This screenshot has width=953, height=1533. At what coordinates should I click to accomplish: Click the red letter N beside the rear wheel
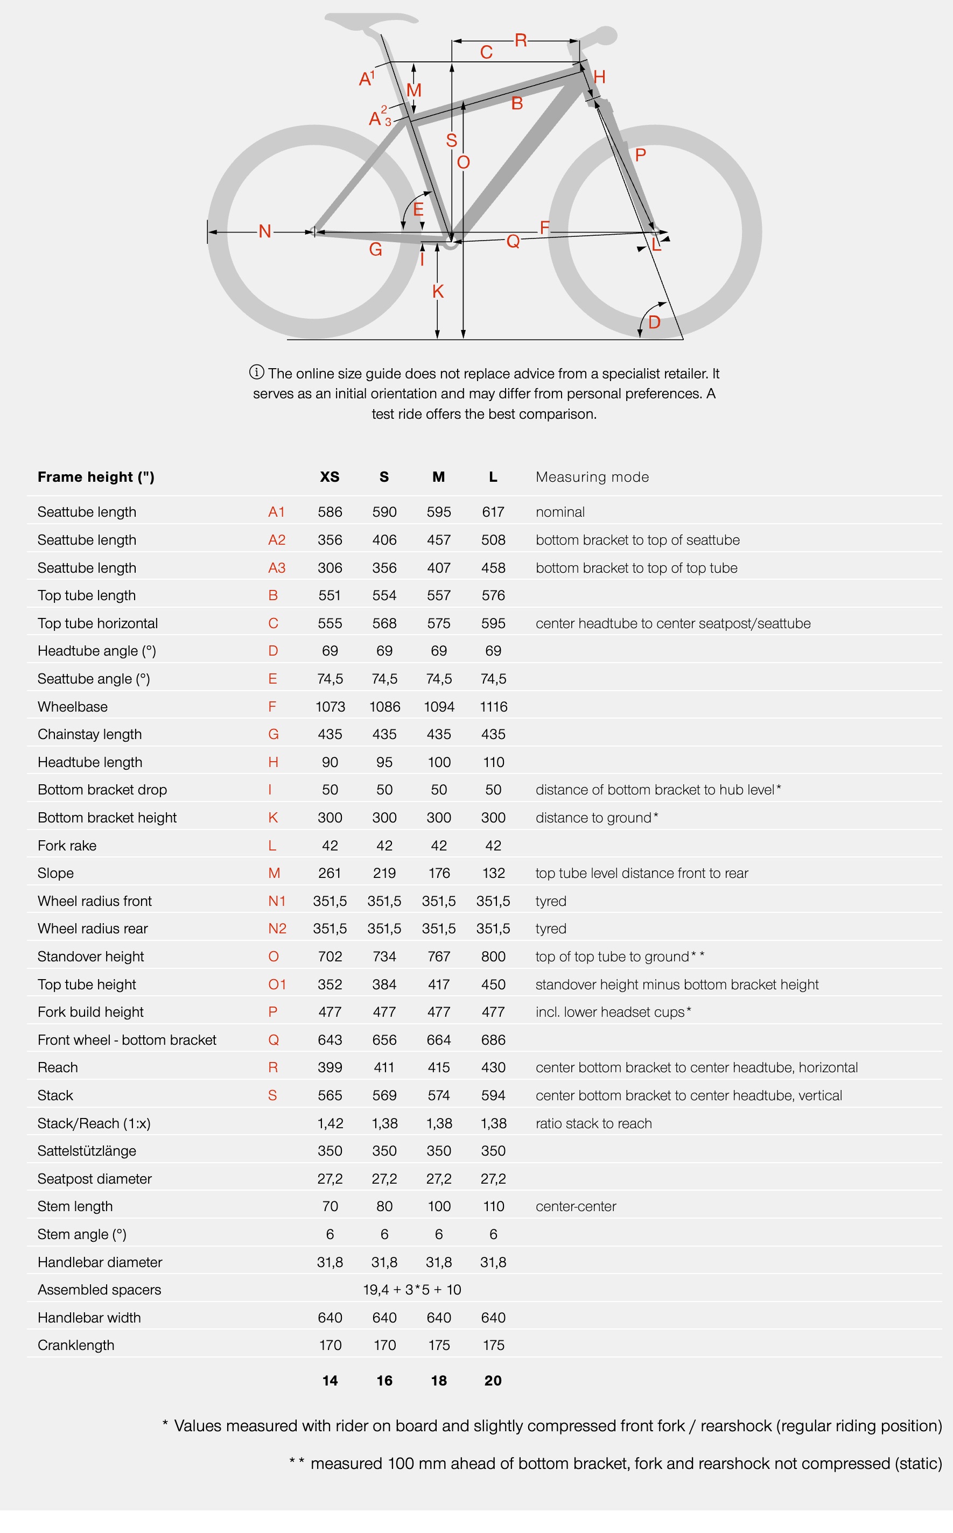tap(265, 231)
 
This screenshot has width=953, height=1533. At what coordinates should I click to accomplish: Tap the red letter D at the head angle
tap(654, 322)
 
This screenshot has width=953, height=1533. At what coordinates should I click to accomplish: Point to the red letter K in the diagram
tap(438, 291)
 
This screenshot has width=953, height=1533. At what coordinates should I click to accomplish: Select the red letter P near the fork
tap(640, 154)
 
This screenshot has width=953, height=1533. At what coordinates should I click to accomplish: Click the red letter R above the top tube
tap(521, 40)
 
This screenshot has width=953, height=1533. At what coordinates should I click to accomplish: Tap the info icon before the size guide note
tap(256, 372)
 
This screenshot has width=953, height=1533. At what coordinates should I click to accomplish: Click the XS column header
tap(330, 477)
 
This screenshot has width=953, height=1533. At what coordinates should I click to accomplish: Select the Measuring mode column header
tap(592, 477)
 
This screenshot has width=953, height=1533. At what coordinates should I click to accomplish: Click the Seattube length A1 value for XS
tap(330, 512)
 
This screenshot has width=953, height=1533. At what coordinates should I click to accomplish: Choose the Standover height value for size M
tap(439, 957)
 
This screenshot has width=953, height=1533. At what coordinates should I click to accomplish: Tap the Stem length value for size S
tap(384, 1206)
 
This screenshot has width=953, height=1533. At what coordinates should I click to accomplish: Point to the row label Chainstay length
tap(89, 734)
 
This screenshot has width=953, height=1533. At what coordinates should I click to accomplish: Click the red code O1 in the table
tap(277, 984)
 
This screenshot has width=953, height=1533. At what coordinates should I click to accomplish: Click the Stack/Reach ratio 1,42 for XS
tap(330, 1123)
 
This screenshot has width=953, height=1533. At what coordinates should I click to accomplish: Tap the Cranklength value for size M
tap(439, 1345)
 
